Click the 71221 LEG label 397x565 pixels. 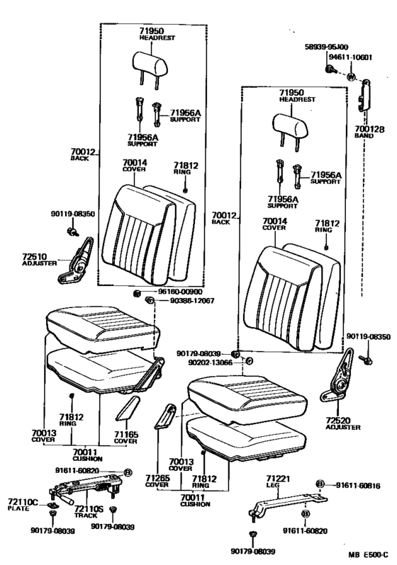274,482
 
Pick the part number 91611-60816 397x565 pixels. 357,485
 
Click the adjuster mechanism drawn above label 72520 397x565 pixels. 340,382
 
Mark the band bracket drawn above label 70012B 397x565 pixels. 367,92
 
